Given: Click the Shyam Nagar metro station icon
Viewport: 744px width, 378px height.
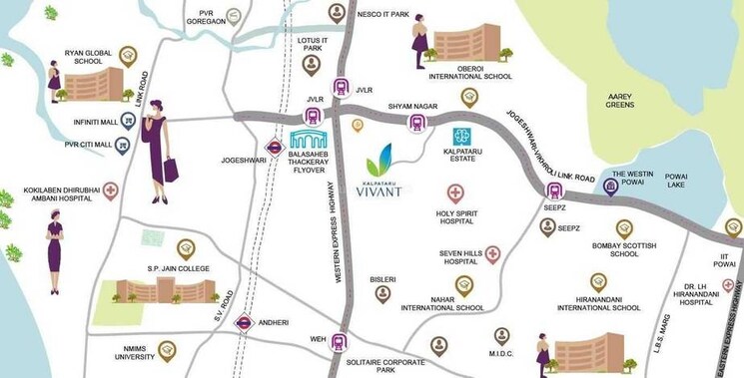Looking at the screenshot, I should tap(416, 123).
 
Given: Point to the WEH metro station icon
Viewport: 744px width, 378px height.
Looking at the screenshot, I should tap(340, 340).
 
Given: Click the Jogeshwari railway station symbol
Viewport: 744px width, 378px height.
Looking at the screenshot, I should tap(274, 147).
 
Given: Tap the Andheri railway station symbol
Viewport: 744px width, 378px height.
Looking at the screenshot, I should tap(242, 322).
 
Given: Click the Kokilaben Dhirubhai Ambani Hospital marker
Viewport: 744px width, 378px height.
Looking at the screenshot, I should tap(110, 190).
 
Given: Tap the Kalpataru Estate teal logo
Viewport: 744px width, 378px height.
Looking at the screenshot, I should tap(460, 136).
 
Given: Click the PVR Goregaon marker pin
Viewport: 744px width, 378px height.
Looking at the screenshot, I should tap(233, 16).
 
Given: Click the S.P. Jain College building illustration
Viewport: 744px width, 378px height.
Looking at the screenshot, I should tap(165, 289).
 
